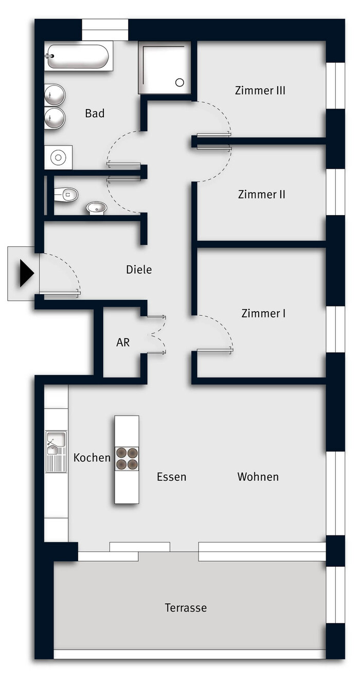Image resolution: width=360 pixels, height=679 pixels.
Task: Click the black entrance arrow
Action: [26, 273]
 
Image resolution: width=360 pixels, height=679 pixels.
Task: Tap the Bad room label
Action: [95, 113]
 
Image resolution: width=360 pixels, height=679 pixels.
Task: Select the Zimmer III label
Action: [260, 91]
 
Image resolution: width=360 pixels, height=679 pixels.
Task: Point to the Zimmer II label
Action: [262, 194]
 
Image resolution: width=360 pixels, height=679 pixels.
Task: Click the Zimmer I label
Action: [263, 313]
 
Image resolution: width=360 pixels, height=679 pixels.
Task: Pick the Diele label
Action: [139, 270]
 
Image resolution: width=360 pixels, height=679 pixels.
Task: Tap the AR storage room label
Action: [123, 342]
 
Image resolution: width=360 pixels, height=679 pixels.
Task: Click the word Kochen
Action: [92, 457]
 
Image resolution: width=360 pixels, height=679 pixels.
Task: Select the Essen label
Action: [172, 477]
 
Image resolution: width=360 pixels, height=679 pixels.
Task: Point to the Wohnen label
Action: [258, 476]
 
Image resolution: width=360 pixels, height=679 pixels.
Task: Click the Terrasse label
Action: [186, 607]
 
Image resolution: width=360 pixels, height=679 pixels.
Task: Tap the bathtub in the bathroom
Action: [78, 57]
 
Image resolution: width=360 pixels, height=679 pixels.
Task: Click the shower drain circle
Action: [179, 82]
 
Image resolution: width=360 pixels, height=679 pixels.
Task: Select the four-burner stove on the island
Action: [127, 459]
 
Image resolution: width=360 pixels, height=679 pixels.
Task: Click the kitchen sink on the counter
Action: [56, 451]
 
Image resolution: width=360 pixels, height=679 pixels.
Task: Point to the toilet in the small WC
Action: [66, 194]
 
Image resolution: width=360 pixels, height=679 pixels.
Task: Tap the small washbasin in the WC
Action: [97, 208]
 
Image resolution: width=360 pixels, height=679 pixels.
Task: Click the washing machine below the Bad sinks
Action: [58, 157]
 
